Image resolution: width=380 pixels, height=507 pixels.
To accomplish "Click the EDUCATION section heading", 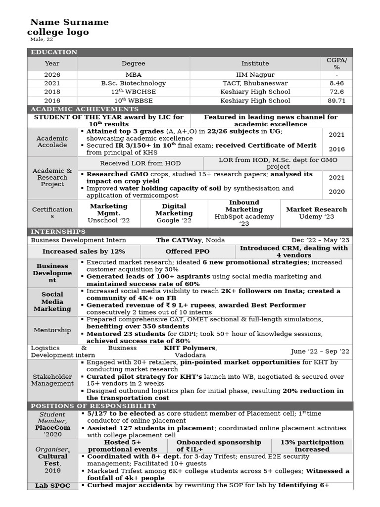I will point(54,52).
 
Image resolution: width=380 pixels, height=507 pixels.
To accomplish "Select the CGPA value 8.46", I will point(336,83).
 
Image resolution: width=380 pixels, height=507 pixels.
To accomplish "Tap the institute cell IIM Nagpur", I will point(255,75).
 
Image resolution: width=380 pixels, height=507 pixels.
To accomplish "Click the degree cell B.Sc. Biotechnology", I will point(133,83).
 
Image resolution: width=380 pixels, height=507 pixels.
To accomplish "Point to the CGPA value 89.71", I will point(336,101).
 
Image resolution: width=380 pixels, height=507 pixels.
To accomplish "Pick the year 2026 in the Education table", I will point(52,75).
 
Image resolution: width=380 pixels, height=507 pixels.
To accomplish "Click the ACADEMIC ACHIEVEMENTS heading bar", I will point(85,109).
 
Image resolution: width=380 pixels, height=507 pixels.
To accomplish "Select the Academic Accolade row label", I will point(52,142).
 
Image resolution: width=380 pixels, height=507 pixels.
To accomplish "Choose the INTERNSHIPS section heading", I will point(58,232).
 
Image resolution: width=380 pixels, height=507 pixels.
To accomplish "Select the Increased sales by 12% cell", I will point(84,252).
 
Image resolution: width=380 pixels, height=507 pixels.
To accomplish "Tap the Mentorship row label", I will point(52,330).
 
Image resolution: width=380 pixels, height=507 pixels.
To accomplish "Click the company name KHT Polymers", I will point(190,348).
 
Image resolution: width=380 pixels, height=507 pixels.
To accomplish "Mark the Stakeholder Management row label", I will point(52,380).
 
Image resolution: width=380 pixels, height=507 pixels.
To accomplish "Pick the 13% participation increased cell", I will point(312,446).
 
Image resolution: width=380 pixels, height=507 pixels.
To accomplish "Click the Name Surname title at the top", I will point(69,22).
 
